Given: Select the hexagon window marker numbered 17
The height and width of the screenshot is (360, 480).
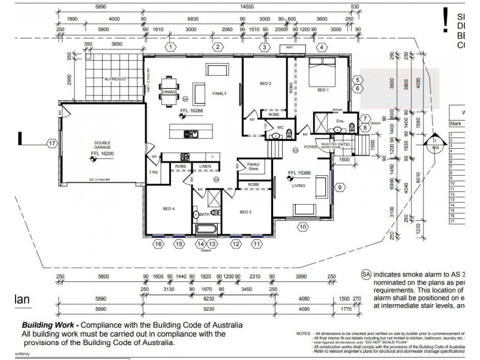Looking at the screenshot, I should point(52,143).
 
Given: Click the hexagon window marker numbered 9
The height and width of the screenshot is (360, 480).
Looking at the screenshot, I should point(340,187).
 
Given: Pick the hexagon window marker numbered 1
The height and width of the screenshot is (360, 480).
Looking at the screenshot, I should point(171,47).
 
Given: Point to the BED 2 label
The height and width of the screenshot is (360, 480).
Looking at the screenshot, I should point(265,83).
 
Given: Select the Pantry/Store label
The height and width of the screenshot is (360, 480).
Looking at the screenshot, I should point(248,166).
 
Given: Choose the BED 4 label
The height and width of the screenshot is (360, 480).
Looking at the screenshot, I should point(169,209).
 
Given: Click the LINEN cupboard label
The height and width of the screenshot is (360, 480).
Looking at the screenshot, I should point(205,166).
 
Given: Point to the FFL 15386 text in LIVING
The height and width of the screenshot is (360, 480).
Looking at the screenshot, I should point(299,173).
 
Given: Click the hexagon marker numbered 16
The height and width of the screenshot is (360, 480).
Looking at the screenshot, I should point(158,244).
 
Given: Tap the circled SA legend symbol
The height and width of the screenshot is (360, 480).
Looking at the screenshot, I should point(366,274).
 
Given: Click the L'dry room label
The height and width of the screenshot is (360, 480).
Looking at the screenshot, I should point(154,173).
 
